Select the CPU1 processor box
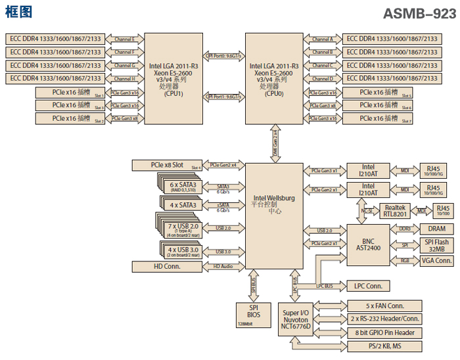tap(174, 79)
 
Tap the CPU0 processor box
tap(274, 79)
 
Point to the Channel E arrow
tap(124, 39)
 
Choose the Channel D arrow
tap(322, 79)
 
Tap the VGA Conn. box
tap(436, 261)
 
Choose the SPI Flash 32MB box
tap(436, 244)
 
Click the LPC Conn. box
tap(368, 286)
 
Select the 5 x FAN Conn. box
tap(384, 305)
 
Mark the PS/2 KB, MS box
tap(384, 346)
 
